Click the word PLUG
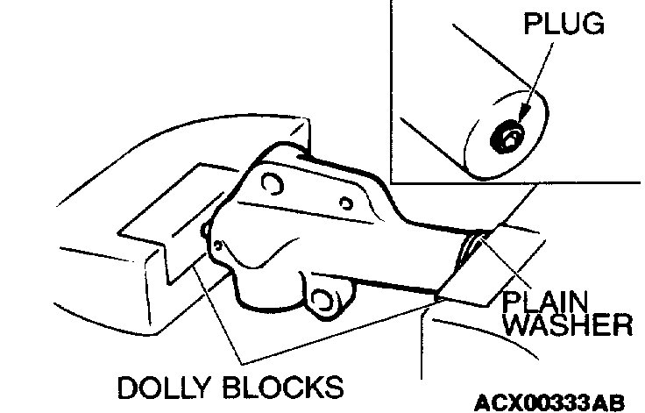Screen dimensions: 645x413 563,24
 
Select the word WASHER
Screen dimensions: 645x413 569,326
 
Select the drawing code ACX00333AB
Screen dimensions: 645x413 549,402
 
